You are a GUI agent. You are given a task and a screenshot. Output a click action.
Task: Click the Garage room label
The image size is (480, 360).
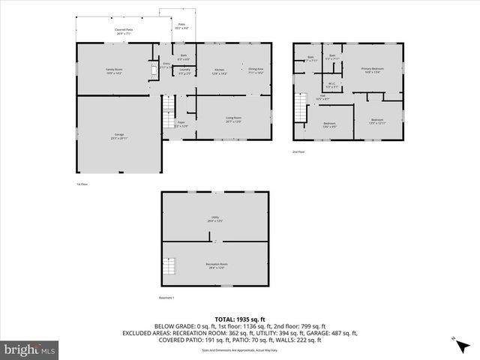point(119,136)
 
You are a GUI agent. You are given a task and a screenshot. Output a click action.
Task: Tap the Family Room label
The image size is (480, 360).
point(114,71)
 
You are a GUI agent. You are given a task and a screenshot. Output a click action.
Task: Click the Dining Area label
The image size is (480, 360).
point(256,71)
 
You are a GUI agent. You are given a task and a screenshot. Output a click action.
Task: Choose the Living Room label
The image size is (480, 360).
point(233,119)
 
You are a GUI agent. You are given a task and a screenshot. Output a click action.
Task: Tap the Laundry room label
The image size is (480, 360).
point(184,71)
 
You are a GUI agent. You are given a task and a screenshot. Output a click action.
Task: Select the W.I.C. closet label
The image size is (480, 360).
point(331,85)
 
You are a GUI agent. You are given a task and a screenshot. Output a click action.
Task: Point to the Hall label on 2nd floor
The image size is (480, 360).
point(322,97)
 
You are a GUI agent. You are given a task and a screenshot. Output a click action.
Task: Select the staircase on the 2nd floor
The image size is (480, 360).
point(301,108)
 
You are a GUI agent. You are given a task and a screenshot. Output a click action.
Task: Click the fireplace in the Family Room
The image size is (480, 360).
point(156,68)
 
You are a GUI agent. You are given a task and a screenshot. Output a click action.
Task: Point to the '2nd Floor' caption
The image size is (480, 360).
point(298,151)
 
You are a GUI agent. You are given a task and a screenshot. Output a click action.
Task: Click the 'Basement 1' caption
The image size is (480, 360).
point(166,298)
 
